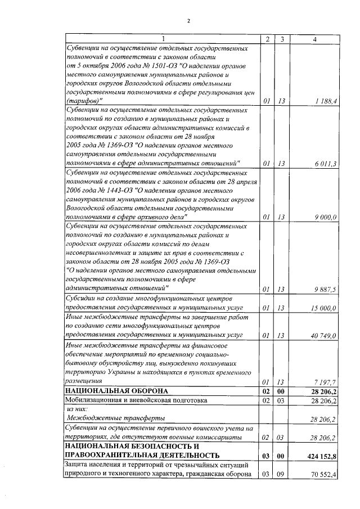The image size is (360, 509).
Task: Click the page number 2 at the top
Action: coord(189,21)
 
